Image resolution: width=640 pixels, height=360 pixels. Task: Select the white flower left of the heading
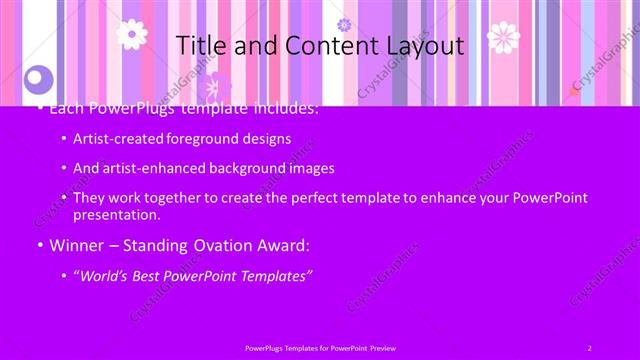point(131,34)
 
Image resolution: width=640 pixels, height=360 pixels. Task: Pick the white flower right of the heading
point(503,37)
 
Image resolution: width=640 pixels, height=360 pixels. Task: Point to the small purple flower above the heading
point(344,24)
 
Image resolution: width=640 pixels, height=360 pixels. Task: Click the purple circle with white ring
point(38,77)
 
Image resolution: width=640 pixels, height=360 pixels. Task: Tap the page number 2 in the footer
point(589,347)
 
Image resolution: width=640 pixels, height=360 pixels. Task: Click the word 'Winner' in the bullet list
point(75,245)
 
